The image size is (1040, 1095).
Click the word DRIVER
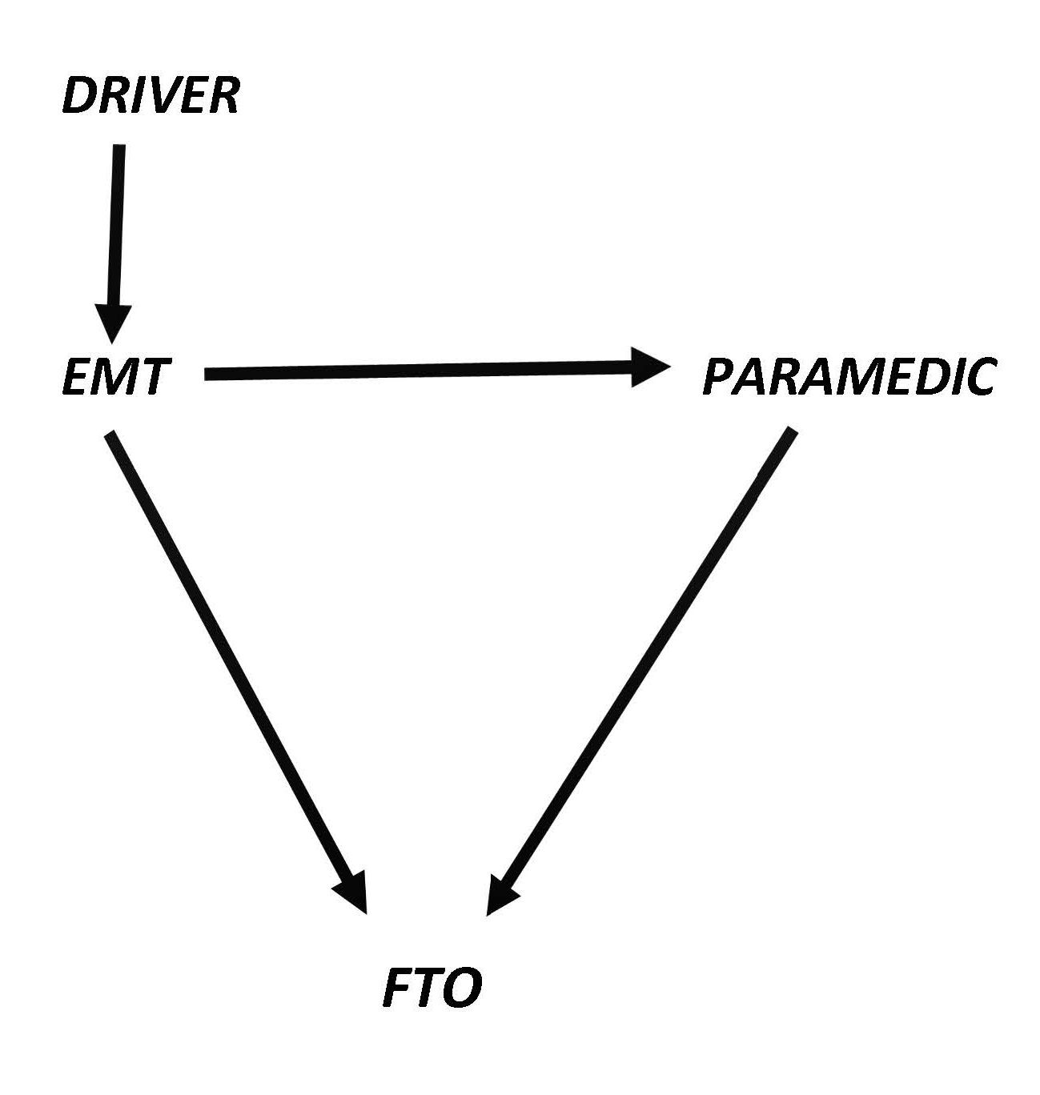coord(151,97)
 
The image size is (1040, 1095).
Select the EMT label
coord(114,377)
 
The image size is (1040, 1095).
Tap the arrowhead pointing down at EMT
coord(112,324)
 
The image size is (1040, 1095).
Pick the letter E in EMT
coord(75,377)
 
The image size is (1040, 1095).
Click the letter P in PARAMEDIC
coord(718,377)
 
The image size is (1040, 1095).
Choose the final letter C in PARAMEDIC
coord(978,377)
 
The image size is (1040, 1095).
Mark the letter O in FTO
coord(463,989)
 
